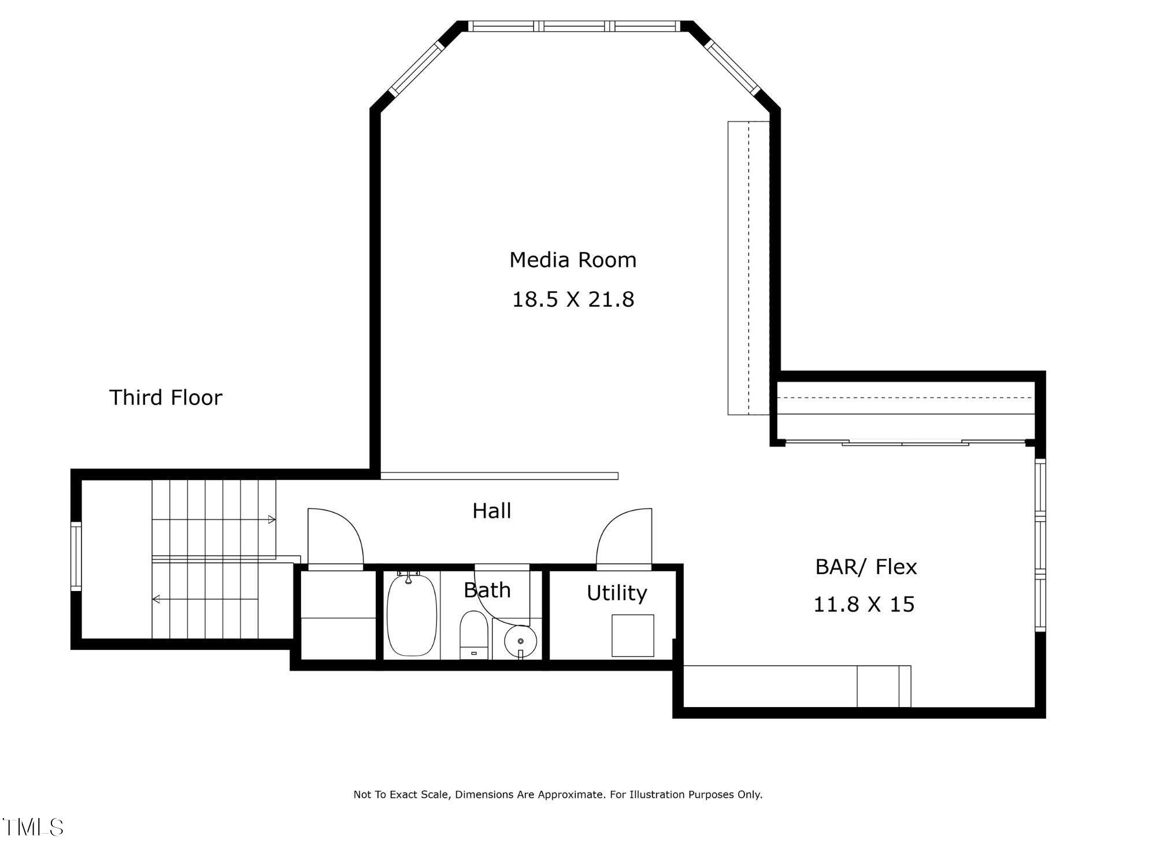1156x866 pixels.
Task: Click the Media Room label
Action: click(x=572, y=260)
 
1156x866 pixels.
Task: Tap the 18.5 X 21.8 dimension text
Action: click(x=573, y=300)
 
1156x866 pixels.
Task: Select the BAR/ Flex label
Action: click(x=865, y=567)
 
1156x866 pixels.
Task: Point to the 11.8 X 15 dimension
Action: click(x=864, y=605)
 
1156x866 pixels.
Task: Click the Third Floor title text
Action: click(x=165, y=397)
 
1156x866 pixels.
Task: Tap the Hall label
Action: click(x=491, y=511)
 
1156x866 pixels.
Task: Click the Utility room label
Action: click(x=616, y=593)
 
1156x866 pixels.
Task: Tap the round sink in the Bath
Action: click(x=520, y=641)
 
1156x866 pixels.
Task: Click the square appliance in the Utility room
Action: click(x=632, y=635)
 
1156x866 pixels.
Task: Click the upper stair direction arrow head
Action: click(x=272, y=520)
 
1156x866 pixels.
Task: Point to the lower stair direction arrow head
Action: click(x=156, y=600)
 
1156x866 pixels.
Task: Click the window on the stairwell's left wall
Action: click(x=76, y=556)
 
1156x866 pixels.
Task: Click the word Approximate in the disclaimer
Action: click(x=570, y=795)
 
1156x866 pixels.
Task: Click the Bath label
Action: click(x=487, y=590)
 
